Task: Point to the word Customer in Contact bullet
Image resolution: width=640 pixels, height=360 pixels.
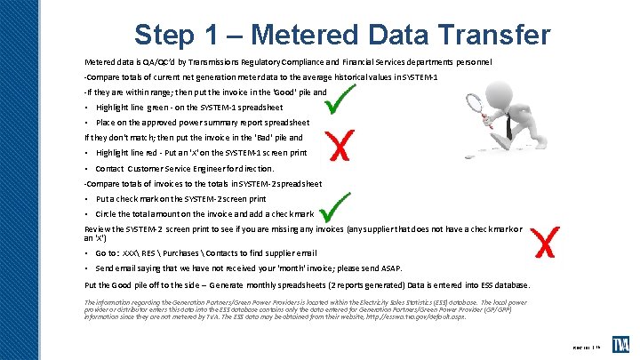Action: tap(148, 168)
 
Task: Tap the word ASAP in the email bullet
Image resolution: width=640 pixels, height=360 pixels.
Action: tap(389, 268)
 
